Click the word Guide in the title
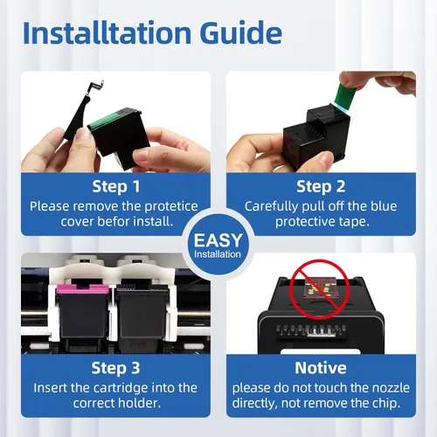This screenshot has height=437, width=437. (241, 32)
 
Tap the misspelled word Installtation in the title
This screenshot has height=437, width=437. (107, 32)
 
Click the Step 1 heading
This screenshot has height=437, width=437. (116, 186)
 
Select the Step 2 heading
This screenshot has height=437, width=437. (321, 186)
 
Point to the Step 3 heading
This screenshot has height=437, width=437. (115, 368)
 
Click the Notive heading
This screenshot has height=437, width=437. (321, 368)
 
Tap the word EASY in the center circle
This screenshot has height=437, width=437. (218, 240)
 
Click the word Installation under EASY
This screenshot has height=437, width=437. (218, 254)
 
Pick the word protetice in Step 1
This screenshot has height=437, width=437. (171, 207)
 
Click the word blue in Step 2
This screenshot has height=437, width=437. (384, 206)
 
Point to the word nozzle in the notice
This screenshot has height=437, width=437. (391, 388)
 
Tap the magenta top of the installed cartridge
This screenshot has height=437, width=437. (82, 288)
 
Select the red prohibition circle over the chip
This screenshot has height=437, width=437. (320, 289)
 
